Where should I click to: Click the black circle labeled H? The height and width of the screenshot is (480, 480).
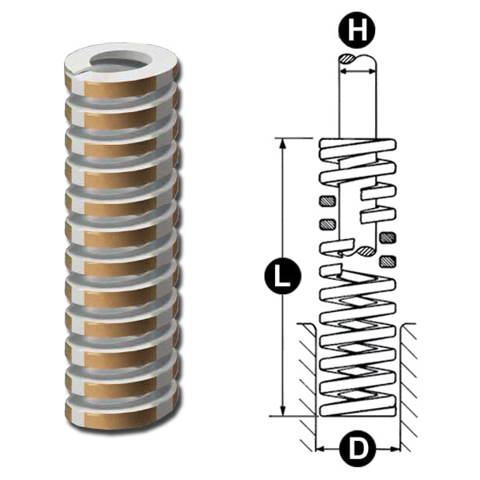pos(356,32)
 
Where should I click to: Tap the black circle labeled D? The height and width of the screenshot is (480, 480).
pos(357,449)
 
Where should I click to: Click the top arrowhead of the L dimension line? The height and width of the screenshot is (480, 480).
pos(282,142)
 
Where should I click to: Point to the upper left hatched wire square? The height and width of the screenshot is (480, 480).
pos(325,200)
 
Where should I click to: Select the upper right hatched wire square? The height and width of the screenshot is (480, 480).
pos(390,237)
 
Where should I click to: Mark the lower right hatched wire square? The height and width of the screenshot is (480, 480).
pos(390,260)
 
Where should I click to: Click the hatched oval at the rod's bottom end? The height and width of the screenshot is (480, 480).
pos(366,252)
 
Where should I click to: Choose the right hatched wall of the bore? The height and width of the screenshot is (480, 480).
pos(409,376)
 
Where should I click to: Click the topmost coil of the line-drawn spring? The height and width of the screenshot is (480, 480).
pos(357,148)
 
